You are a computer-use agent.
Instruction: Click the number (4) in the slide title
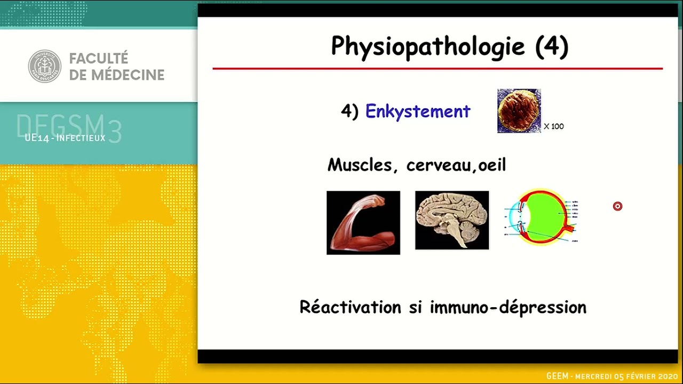click(x=551, y=46)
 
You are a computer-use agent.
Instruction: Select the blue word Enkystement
click(x=418, y=111)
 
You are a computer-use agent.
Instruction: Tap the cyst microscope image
click(x=519, y=111)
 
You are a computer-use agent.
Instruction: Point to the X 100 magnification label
click(x=554, y=126)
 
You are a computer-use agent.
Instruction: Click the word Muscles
click(x=359, y=165)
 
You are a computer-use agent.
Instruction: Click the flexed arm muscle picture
click(x=363, y=222)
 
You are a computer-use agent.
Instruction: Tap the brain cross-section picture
click(x=451, y=220)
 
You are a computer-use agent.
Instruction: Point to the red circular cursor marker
click(x=617, y=206)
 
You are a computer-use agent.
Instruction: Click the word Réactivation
click(x=350, y=307)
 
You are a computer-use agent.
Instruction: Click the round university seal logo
click(x=44, y=66)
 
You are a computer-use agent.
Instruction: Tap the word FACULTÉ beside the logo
click(x=99, y=58)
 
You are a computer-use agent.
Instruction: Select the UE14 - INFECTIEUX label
click(x=65, y=138)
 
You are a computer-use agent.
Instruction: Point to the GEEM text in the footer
click(x=558, y=377)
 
